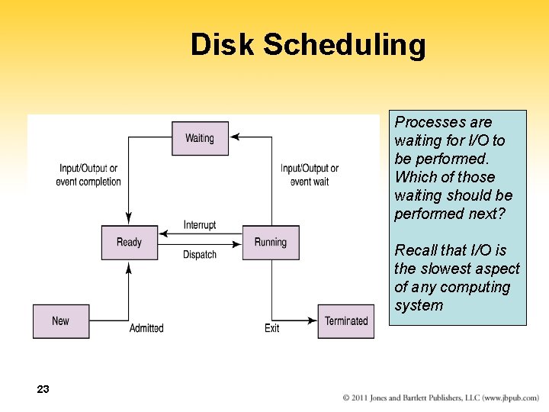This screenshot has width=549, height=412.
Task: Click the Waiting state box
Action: [200, 138]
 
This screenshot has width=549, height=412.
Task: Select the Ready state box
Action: [129, 243]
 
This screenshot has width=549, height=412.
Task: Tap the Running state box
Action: [271, 243]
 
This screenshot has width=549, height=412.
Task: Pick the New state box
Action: [61, 321]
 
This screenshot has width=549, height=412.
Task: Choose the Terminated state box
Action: [346, 321]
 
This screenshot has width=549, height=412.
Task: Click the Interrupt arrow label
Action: [200, 224]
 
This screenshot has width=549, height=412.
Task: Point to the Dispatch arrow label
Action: [200, 255]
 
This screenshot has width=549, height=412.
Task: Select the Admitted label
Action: [146, 328]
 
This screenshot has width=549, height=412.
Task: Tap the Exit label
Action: [272, 328]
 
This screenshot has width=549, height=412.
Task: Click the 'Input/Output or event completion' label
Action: [88, 175]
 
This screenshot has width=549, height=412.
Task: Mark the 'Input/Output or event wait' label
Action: [310, 175]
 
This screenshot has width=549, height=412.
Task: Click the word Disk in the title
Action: [222, 44]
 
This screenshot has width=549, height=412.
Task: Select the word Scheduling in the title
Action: [345, 44]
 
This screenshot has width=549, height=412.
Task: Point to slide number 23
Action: [43, 389]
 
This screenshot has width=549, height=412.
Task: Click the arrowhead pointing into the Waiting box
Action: [235, 137]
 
